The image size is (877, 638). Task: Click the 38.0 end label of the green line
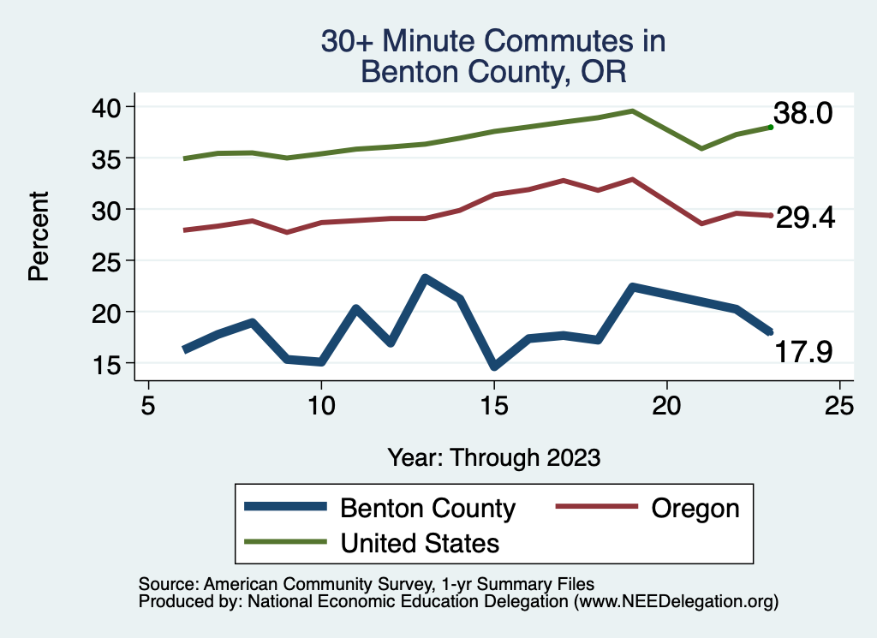click(802, 113)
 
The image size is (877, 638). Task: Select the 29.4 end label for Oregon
click(805, 218)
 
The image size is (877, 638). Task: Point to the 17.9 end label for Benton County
click(803, 351)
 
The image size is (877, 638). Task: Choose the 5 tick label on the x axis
click(149, 405)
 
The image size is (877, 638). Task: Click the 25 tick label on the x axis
click(839, 405)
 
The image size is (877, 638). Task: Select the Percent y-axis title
click(37, 236)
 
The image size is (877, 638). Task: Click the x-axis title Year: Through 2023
click(493, 456)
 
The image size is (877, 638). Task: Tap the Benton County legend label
click(427, 508)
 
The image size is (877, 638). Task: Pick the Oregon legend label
click(695, 508)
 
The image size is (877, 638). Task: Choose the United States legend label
click(420, 542)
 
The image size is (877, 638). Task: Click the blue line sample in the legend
click(285, 507)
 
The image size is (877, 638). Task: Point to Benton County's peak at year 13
click(425, 278)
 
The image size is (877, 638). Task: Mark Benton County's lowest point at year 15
click(494, 367)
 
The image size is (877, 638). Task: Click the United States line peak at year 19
click(632, 110)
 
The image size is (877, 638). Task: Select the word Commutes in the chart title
click(539, 41)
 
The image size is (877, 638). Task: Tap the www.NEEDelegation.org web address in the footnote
click(676, 602)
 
